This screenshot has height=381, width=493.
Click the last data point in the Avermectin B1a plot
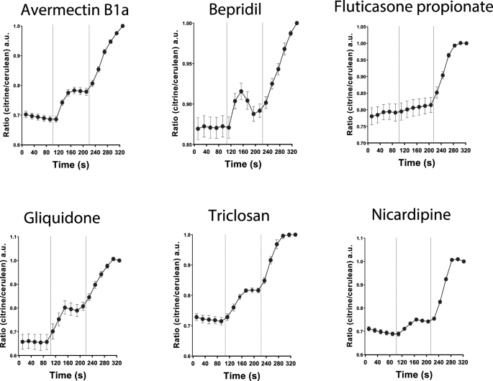(122, 26)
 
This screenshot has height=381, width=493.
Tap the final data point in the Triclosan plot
(295, 234)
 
